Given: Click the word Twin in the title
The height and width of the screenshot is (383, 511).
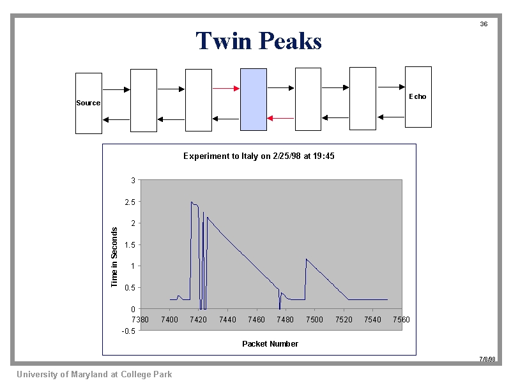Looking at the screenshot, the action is pos(224,41).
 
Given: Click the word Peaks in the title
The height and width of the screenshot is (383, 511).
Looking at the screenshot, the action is pos(291,41).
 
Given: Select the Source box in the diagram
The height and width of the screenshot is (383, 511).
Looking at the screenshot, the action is pos(89,103).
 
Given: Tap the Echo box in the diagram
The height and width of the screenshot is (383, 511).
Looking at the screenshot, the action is pos(418,97).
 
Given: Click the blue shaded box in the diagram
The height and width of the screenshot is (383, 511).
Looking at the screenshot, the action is pos(254,100).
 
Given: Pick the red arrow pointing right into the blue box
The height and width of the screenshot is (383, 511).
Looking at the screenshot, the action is pos(226,88).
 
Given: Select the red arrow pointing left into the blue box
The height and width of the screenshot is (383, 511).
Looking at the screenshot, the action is pos(280,118).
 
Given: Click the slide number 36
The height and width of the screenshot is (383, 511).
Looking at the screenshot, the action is pos(484,24).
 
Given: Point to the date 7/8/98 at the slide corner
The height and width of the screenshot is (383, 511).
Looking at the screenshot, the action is pos(487,359).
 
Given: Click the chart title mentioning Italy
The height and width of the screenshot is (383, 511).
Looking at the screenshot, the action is pos(259,156).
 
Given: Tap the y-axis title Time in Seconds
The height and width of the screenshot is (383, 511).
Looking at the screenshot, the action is pos(114,257).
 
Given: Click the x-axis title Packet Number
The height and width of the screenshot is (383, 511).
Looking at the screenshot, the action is pos(270,344).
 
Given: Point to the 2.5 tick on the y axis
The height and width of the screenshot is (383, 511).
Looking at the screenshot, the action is pos(130,202).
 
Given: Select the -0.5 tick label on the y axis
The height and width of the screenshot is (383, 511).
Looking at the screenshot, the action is pos(128,331).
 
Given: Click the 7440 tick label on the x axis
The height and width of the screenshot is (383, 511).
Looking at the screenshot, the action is pos(227,320).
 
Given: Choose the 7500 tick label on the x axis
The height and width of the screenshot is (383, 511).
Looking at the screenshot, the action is pos(314,320).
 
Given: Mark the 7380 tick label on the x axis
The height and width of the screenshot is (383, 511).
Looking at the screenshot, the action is pos(140,320).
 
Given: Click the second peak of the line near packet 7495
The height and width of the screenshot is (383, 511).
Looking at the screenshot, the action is pos(307,259).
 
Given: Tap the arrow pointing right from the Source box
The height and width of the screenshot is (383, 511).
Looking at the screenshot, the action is pos(116,89).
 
